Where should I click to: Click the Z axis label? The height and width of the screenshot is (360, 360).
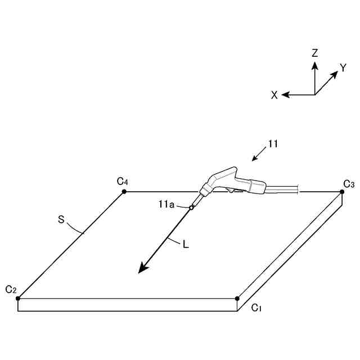(x=315, y=53)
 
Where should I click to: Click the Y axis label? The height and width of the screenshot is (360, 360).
(x=343, y=68)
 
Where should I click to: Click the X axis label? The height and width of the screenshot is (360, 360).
(x=274, y=96)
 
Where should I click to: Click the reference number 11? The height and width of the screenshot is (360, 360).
(x=273, y=144)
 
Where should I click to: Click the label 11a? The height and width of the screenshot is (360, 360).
(x=166, y=205)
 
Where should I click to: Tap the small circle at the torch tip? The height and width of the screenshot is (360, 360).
(x=191, y=208)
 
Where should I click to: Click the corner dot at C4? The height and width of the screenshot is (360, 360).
(x=124, y=192)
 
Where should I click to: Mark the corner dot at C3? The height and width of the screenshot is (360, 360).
(x=342, y=192)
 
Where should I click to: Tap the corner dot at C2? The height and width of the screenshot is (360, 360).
(x=18, y=298)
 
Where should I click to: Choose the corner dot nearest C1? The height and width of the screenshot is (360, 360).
(x=237, y=298)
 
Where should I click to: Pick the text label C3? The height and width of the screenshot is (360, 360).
(x=349, y=183)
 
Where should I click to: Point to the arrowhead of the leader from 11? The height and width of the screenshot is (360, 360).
(x=254, y=159)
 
